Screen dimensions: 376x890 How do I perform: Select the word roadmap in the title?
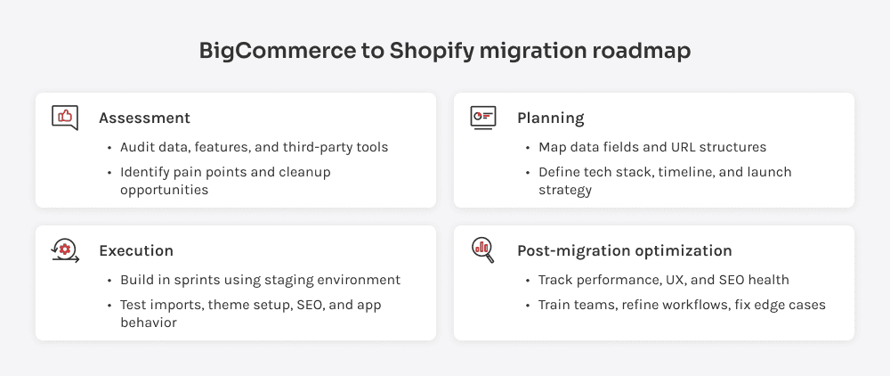pyautogui.click(x=641, y=51)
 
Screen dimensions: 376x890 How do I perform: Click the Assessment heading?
pyautogui.click(x=144, y=118)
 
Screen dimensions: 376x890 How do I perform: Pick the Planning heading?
pyautogui.click(x=550, y=118)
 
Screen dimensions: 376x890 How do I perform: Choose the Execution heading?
pyautogui.click(x=136, y=250)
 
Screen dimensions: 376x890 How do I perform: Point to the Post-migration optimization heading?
pyautogui.click(x=624, y=250)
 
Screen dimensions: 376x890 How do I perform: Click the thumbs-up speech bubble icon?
pyautogui.click(x=65, y=117)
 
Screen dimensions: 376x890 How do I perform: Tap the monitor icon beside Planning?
pyautogui.click(x=483, y=117)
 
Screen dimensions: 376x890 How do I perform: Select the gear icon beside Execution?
pyautogui.click(x=65, y=250)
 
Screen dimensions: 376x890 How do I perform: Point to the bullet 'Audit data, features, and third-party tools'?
pyautogui.click(x=255, y=147)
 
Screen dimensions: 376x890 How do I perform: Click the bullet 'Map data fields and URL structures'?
pyautogui.click(x=651, y=147)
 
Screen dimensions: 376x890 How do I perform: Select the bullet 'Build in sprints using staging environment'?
pyautogui.click(x=260, y=280)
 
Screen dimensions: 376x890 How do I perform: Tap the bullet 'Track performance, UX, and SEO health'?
pyautogui.click(x=663, y=280)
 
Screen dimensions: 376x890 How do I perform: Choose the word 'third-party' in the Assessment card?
pyautogui.click(x=316, y=147)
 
